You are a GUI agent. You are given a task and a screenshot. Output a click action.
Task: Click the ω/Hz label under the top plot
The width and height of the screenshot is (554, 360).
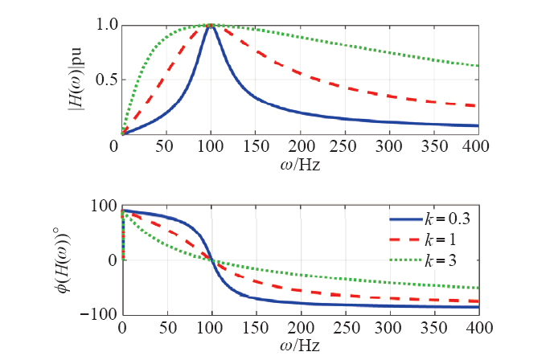tap(301, 164)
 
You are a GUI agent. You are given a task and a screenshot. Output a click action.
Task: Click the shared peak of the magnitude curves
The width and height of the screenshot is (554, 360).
tap(211, 26)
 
